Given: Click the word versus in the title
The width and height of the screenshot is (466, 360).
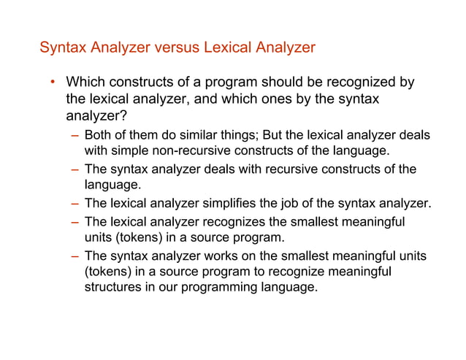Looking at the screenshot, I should pyautogui.click(x=175, y=48).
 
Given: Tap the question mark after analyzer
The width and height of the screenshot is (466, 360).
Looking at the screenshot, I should pyautogui.click(x=123, y=116).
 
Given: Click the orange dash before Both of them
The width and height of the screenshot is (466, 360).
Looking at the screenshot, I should pyautogui.click(x=75, y=136).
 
